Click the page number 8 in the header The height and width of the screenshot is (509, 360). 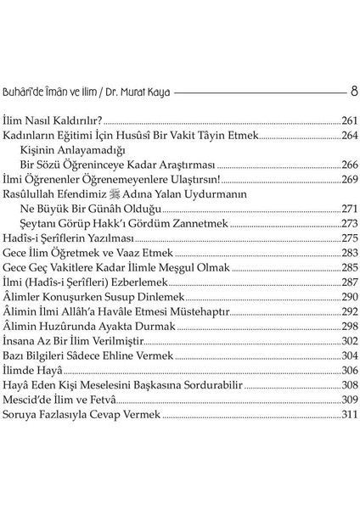353,89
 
